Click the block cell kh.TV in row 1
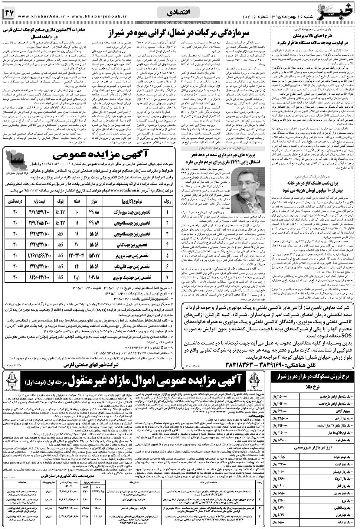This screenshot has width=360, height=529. pyautogui.click(x=60, y=212)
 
